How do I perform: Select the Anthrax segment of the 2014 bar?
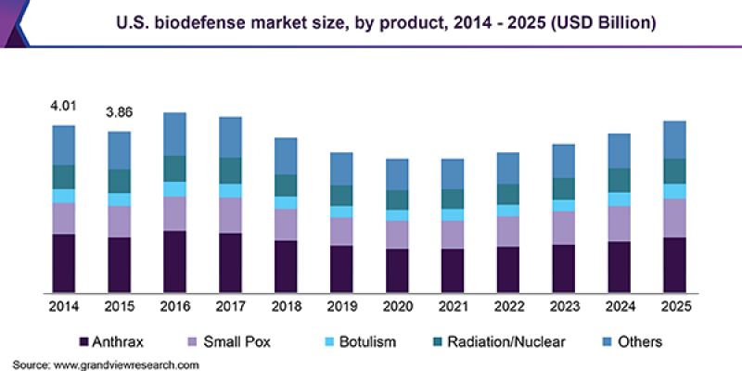click(x=63, y=263)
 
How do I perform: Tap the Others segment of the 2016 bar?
click(x=174, y=134)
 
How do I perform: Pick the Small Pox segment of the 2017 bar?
click(x=230, y=215)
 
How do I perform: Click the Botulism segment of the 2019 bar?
click(x=341, y=211)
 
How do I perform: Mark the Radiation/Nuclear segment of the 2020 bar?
click(x=397, y=200)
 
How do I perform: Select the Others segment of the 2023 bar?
click(x=563, y=161)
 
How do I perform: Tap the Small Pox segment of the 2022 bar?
click(x=508, y=232)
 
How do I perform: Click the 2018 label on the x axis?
click(x=286, y=305)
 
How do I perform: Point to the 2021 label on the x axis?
click(x=453, y=305)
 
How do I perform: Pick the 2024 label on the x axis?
click(x=619, y=305)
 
